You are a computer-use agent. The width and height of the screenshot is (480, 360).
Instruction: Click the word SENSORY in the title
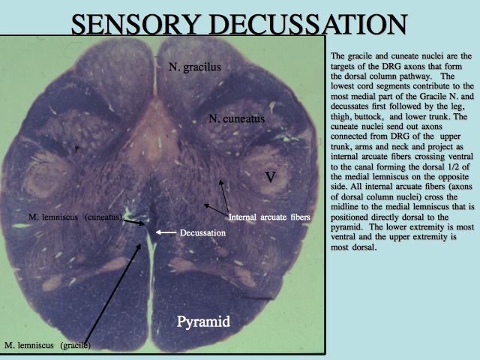point(134,24)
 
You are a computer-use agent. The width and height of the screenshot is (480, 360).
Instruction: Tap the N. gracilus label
point(195,67)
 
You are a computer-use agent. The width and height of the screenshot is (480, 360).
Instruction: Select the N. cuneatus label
point(237,118)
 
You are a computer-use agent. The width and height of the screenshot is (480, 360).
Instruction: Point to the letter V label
point(270,177)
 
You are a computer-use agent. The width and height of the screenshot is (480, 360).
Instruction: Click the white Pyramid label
point(203,322)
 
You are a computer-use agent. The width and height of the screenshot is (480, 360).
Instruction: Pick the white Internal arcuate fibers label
point(269,217)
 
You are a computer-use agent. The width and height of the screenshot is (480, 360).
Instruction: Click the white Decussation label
point(202,233)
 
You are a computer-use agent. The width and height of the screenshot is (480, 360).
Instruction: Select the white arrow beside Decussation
point(166,232)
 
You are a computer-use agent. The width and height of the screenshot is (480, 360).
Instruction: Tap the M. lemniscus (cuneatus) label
point(75,217)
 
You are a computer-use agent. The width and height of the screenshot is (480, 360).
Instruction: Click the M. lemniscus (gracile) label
point(47,345)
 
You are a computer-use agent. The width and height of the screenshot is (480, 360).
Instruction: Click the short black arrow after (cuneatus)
point(133,222)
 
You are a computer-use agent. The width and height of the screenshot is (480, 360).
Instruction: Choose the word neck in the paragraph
point(418,147)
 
